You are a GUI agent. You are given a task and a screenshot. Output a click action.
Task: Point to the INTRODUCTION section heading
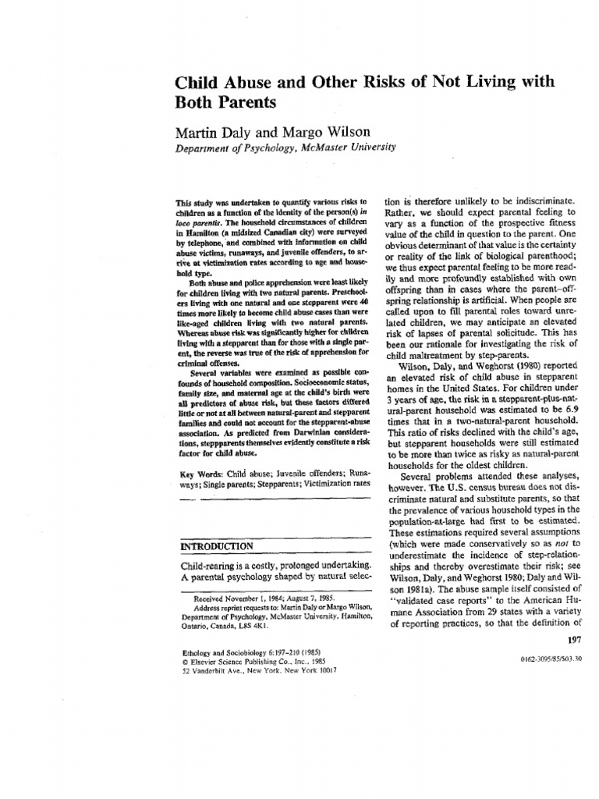point(216,545)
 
